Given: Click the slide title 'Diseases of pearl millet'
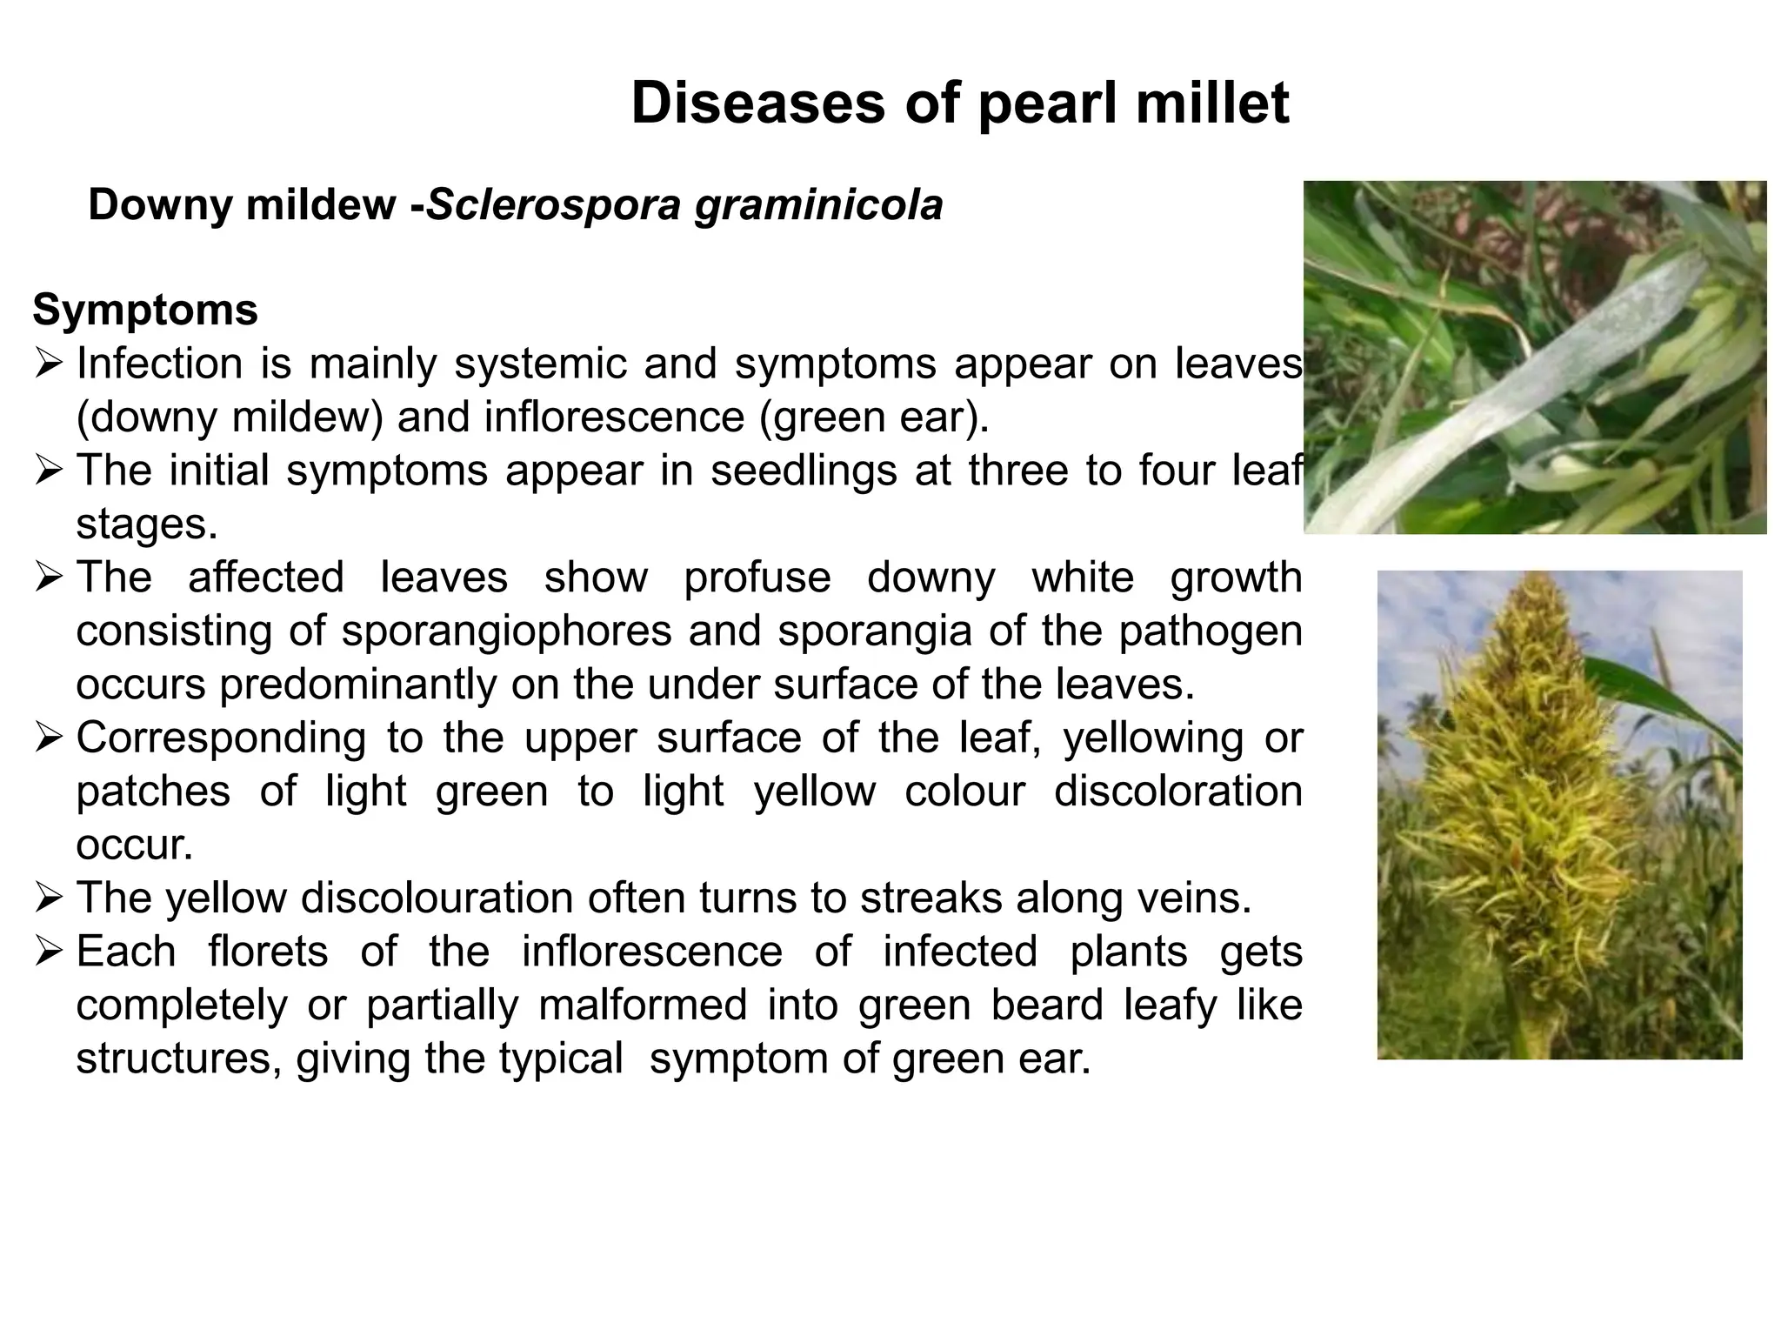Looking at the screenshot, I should (959, 103).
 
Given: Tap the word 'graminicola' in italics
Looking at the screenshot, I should (818, 207).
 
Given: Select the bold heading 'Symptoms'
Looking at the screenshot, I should (145, 310).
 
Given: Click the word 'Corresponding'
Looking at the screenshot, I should (221, 738).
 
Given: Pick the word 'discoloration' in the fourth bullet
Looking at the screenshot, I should (1177, 792).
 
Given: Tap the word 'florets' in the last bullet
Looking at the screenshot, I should (268, 952).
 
